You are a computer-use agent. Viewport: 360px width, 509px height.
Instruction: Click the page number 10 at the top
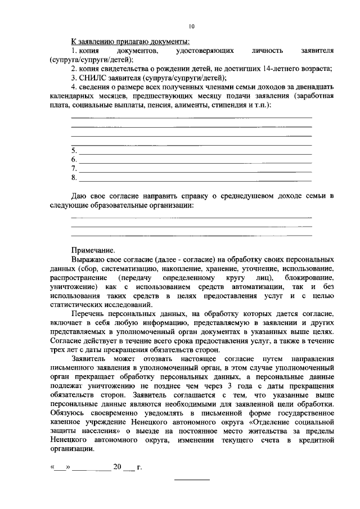pyautogui.click(x=191, y=26)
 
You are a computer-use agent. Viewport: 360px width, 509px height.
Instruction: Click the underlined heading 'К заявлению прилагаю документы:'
pyautogui.click(x=129, y=42)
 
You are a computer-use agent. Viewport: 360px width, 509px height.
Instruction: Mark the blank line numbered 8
pyautogui.click(x=194, y=179)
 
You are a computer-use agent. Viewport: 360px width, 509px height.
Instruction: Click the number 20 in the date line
pyautogui.click(x=118, y=466)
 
